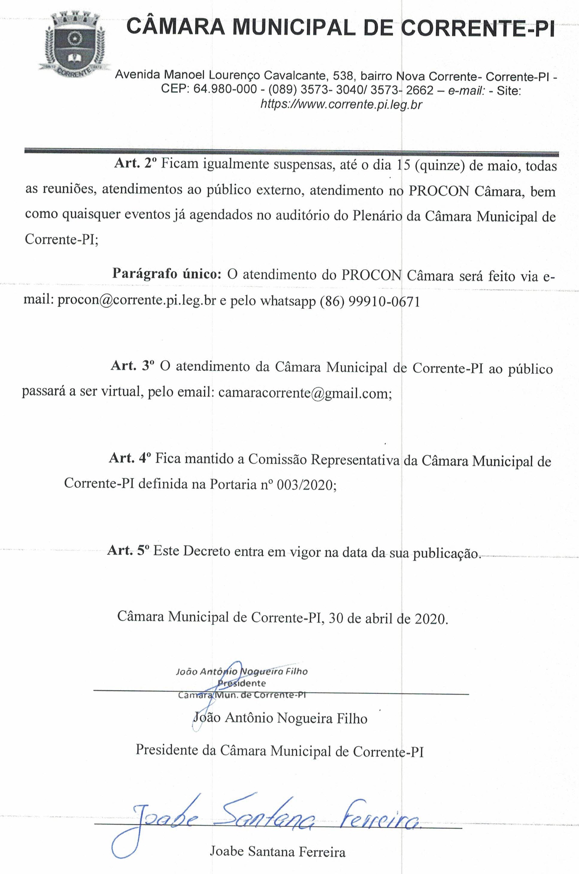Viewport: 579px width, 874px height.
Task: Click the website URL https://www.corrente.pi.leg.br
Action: tap(341, 105)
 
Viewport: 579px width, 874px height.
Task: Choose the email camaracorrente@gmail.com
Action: tap(303, 393)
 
